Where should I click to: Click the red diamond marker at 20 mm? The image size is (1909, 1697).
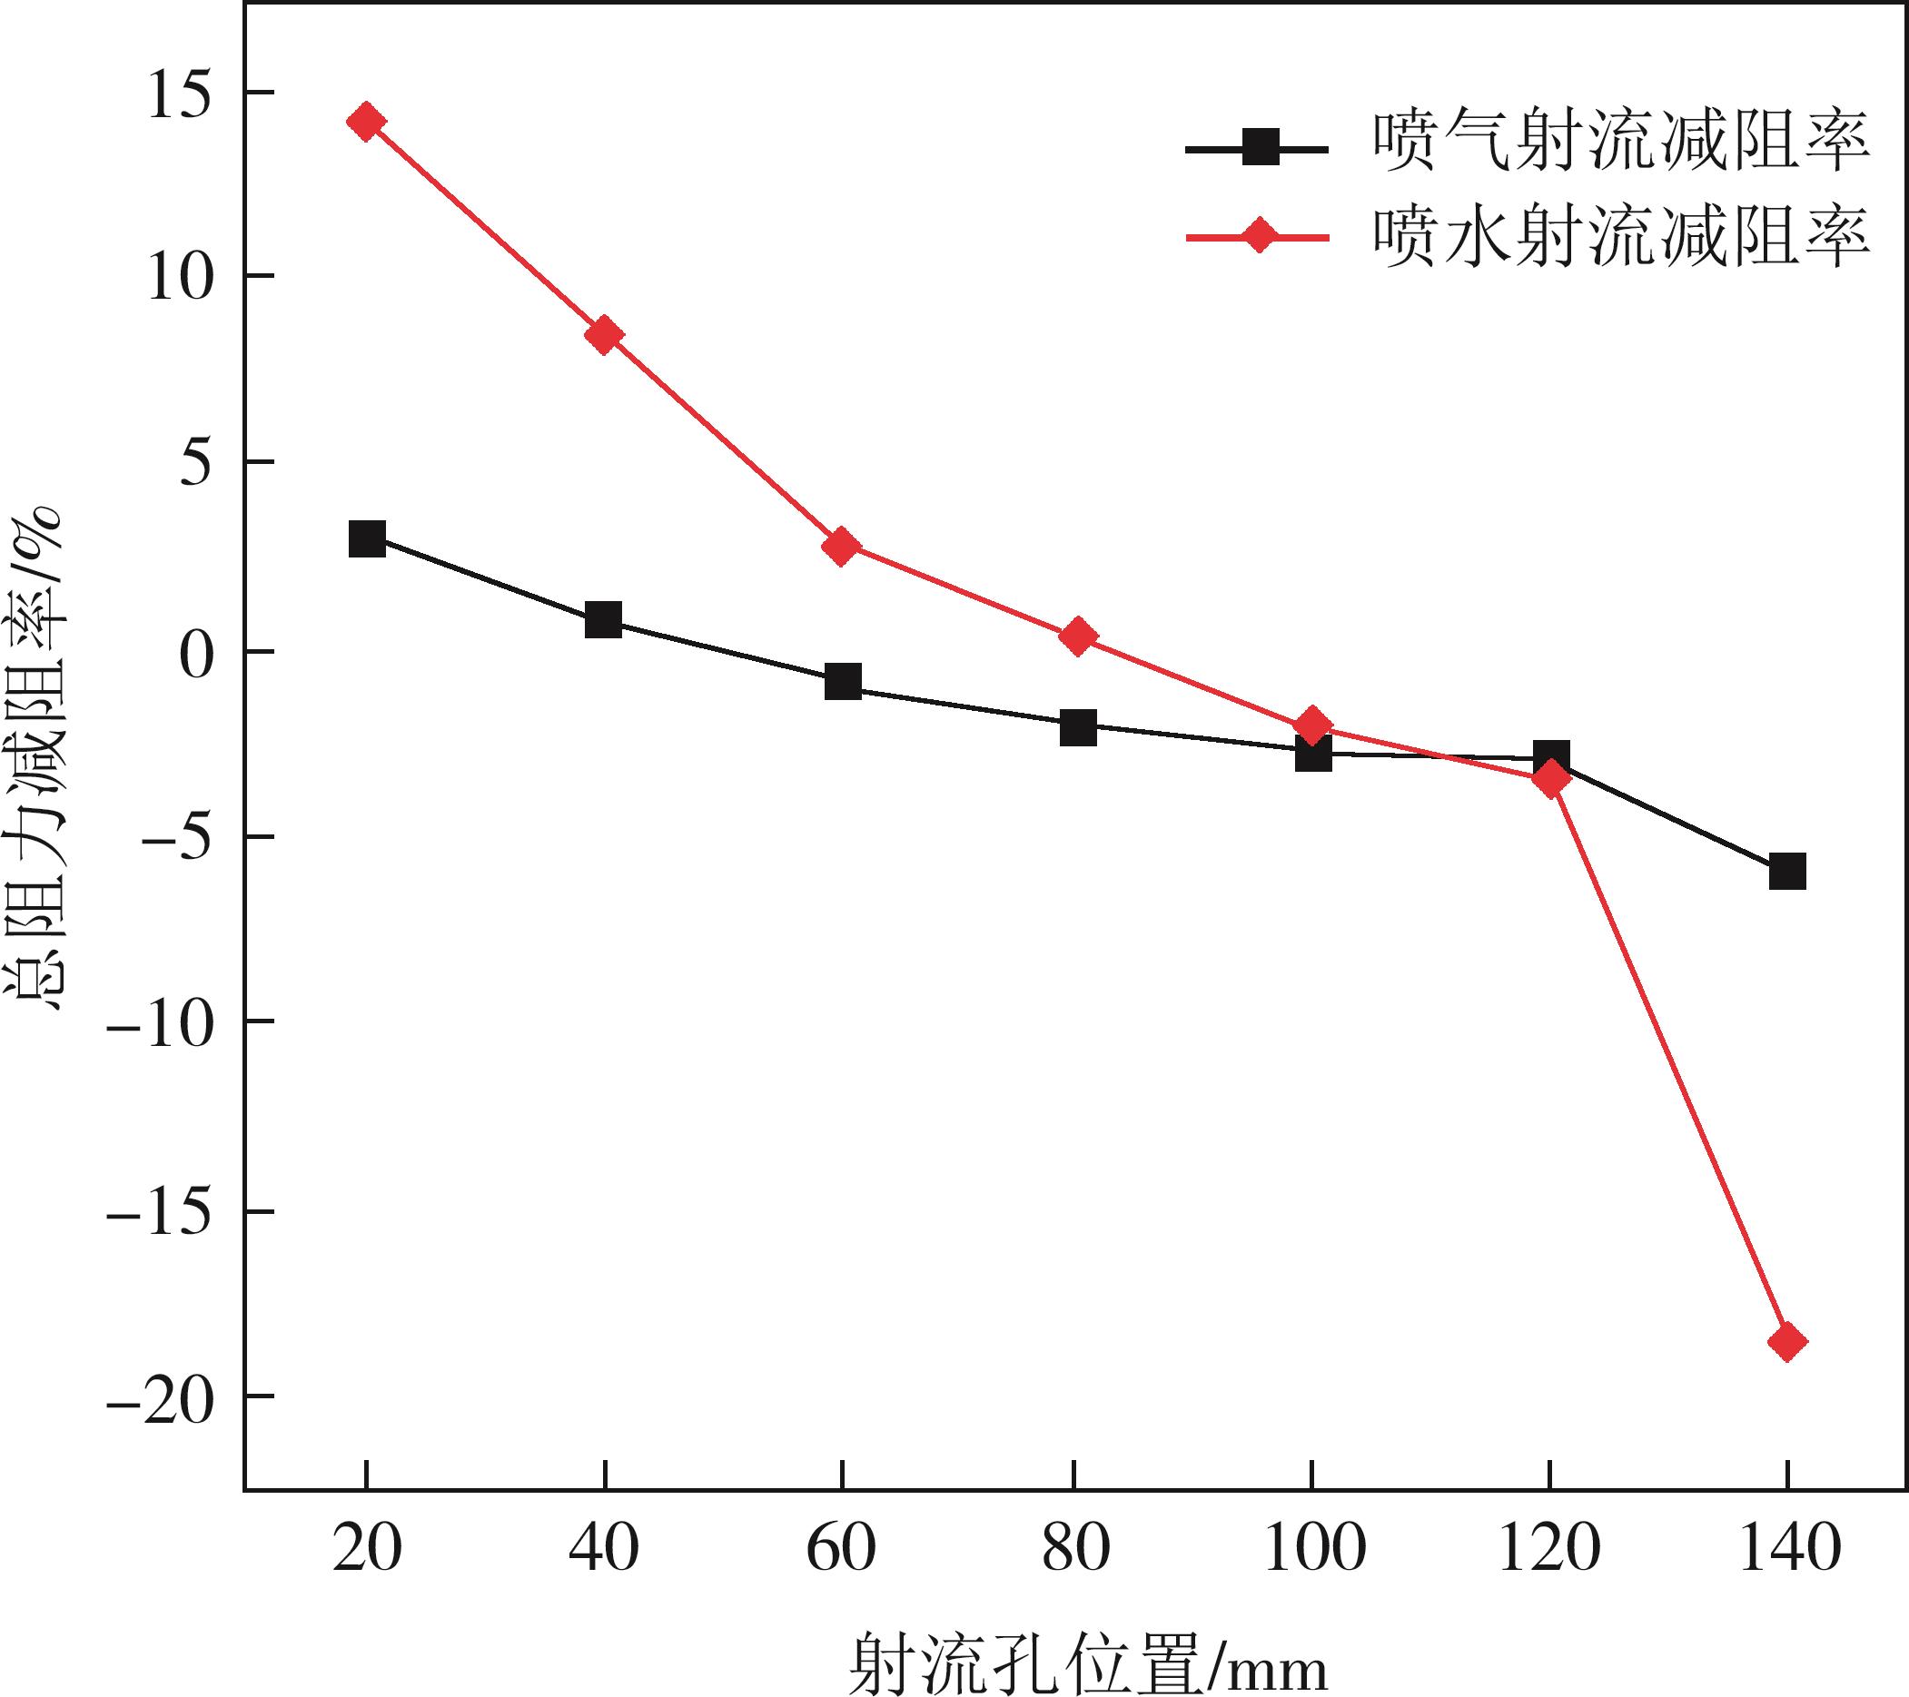[366, 122]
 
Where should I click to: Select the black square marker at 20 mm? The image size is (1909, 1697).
[367, 539]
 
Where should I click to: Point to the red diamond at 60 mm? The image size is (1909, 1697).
[842, 547]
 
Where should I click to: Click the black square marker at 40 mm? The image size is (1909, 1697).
[603, 619]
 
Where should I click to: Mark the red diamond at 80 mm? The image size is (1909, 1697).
[1078, 636]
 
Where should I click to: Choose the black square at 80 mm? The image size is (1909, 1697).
[1078, 727]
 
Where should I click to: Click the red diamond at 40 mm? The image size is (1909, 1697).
[604, 334]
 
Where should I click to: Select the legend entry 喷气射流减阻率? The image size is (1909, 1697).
[1621, 144]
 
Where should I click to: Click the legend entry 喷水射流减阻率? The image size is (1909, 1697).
[1621, 236]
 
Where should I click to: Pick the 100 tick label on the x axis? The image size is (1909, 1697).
[1314, 1548]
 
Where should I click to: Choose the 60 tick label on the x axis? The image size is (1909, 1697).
[842, 1548]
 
